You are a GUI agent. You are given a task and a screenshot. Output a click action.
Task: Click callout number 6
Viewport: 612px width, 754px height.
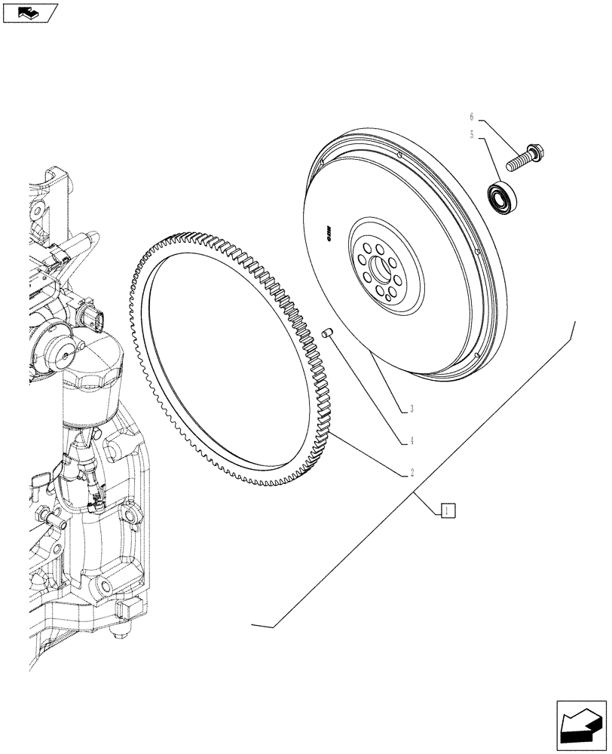click(x=473, y=118)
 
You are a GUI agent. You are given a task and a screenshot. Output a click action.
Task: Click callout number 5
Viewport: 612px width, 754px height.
click(x=473, y=136)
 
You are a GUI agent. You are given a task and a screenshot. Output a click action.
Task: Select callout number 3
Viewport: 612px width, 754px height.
click(x=412, y=410)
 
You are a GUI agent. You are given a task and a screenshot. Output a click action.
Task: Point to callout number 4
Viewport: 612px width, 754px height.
click(x=412, y=440)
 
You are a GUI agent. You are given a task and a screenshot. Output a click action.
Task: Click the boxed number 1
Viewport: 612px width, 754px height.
click(x=448, y=510)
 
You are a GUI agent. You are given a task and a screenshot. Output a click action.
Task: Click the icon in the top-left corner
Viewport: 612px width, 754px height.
click(x=30, y=12)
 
